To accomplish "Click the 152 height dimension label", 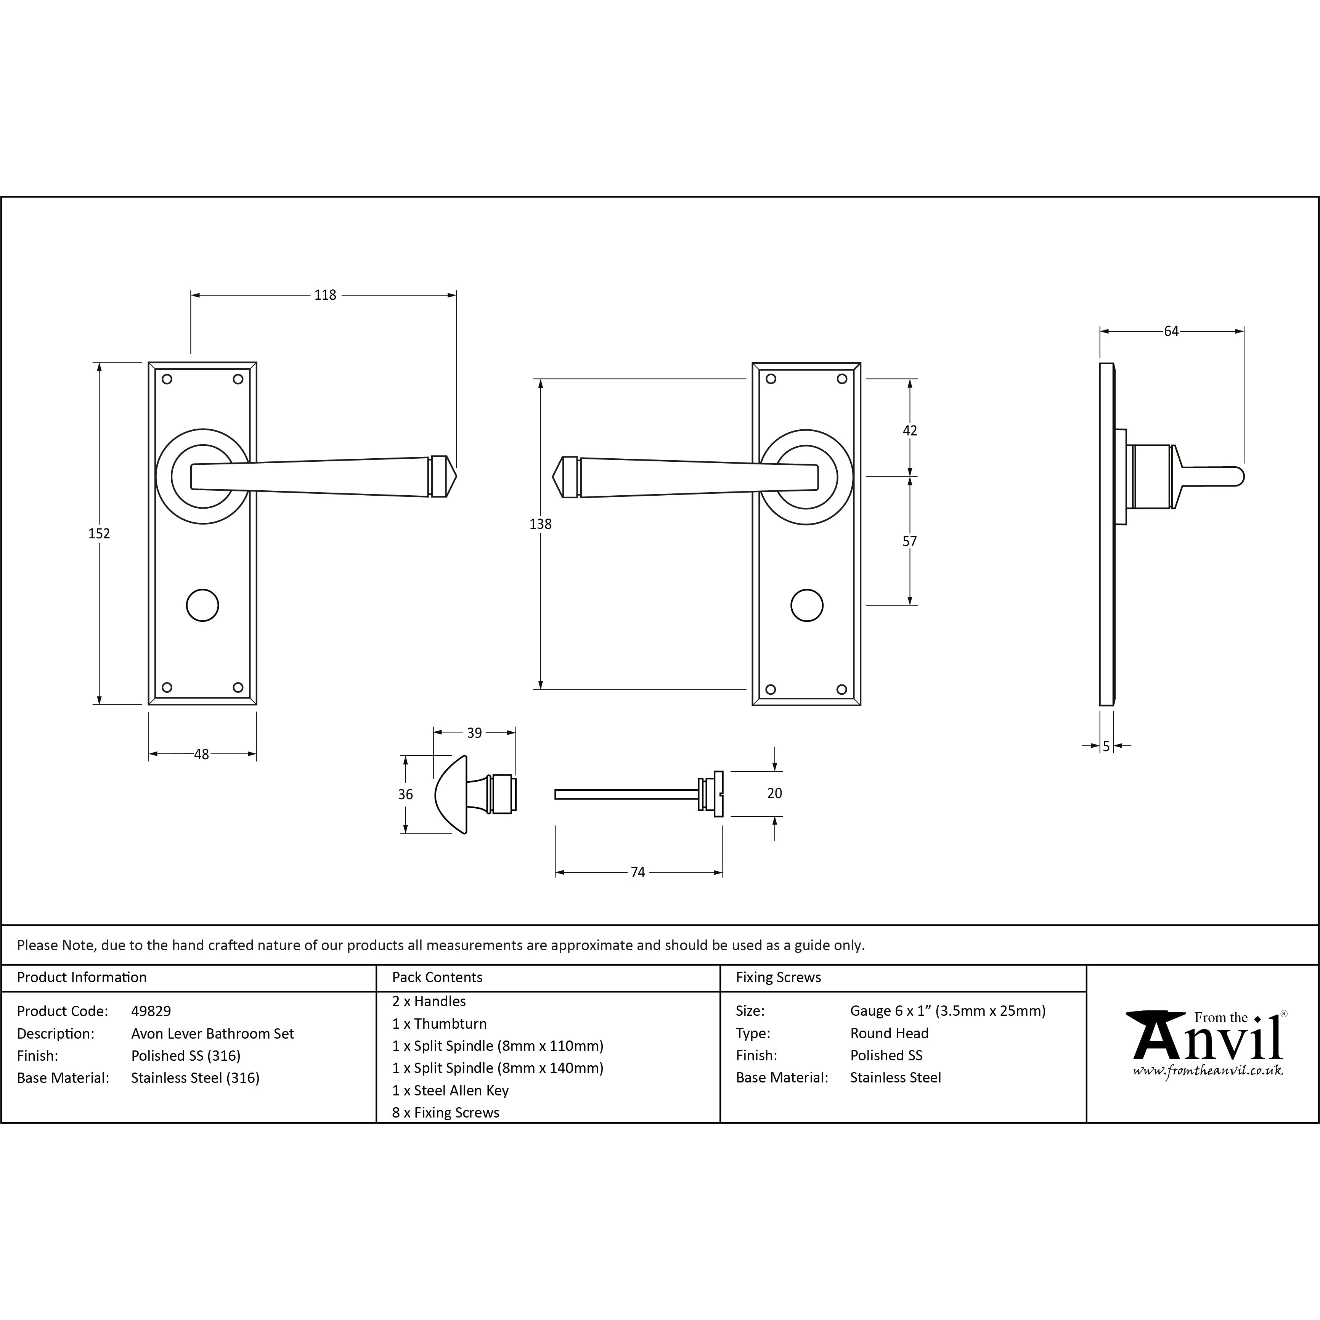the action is (99, 533).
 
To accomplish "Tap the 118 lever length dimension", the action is (325, 295).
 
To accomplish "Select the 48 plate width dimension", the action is (202, 754).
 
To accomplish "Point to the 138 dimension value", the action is (540, 524).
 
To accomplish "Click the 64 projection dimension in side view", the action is (1172, 331).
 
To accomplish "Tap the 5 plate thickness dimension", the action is (1106, 747).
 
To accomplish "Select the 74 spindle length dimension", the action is (638, 872).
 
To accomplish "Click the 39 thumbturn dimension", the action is (474, 733).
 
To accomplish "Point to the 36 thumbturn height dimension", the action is (405, 795).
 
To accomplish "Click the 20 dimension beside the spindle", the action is (775, 793).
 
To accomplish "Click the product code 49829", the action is (151, 1011).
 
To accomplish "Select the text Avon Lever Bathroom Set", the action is (212, 1034).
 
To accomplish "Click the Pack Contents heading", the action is (437, 978).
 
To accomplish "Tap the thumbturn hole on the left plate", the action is (202, 605).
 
